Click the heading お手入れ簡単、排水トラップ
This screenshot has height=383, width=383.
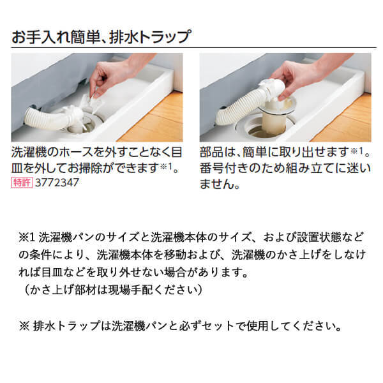(x=101, y=36)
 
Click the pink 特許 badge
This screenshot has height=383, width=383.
(x=22, y=183)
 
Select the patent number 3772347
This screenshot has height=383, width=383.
(x=57, y=183)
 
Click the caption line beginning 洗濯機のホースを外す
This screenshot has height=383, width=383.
(x=97, y=153)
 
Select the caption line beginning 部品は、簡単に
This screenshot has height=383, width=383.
(x=285, y=153)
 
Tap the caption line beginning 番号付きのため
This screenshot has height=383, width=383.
(x=285, y=169)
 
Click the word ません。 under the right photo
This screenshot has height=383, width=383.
(x=220, y=184)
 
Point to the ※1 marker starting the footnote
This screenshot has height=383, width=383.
(x=27, y=237)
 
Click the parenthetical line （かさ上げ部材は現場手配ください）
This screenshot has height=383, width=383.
(x=113, y=290)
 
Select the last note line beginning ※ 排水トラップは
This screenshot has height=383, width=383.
(x=180, y=326)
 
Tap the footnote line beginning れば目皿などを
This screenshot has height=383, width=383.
(x=134, y=273)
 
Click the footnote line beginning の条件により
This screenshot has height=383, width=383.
(x=192, y=255)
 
